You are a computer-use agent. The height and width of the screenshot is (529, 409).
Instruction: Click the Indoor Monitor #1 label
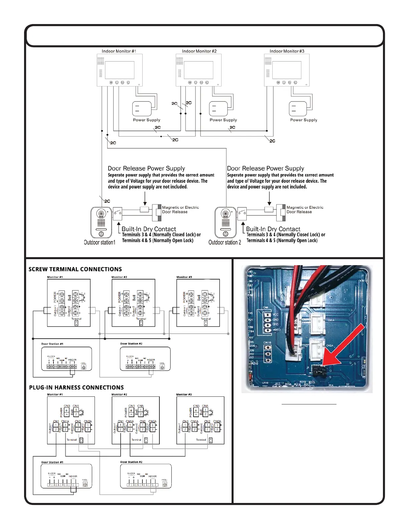tap(119, 51)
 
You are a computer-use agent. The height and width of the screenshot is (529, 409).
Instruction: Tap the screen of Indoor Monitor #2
tap(198, 70)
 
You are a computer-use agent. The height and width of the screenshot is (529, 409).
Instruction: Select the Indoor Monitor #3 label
tap(287, 51)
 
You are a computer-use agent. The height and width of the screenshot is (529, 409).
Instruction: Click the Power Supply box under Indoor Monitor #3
tap(298, 109)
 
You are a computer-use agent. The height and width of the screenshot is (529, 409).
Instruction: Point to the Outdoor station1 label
tap(100, 242)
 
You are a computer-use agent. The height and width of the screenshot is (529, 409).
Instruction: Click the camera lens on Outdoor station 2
tap(226, 213)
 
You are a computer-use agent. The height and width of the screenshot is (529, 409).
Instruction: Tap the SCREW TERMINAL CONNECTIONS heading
tap(75, 269)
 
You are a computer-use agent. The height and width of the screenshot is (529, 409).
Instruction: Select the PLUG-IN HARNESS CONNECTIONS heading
tap(76, 387)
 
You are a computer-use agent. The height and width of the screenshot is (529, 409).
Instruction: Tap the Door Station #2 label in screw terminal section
tap(131, 344)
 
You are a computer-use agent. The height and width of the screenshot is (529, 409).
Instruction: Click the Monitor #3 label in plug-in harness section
tap(184, 394)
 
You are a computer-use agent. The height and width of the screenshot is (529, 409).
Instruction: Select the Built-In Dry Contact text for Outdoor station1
tap(149, 229)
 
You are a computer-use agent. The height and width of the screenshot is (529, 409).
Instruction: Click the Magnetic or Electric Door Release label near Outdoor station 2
tap(305, 209)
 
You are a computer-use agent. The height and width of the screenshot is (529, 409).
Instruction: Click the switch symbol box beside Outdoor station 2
tap(242, 213)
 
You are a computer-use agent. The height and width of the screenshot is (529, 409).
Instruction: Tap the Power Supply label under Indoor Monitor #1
tap(147, 120)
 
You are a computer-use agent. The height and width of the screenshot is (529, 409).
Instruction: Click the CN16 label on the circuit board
tap(267, 343)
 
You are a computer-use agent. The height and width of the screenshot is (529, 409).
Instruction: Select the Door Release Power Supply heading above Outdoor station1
tap(146, 168)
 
